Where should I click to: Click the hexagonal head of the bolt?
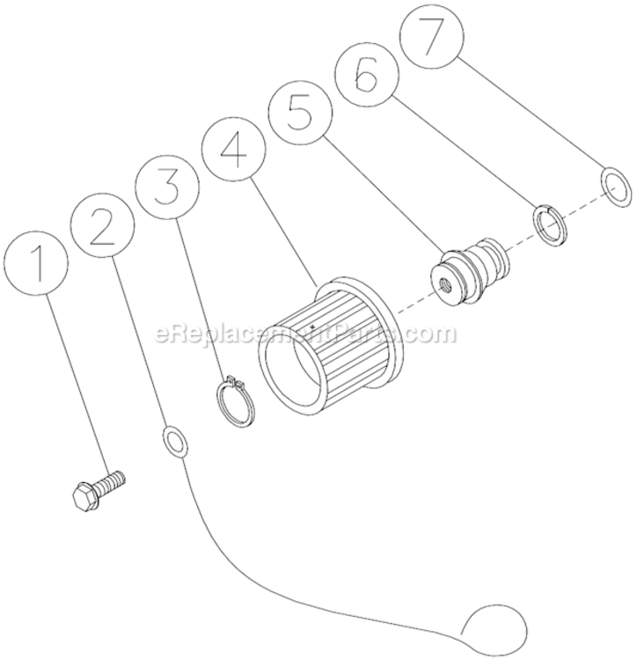(x=85, y=495)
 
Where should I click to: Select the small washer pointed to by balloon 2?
(x=175, y=440)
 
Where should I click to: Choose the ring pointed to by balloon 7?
(x=616, y=187)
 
